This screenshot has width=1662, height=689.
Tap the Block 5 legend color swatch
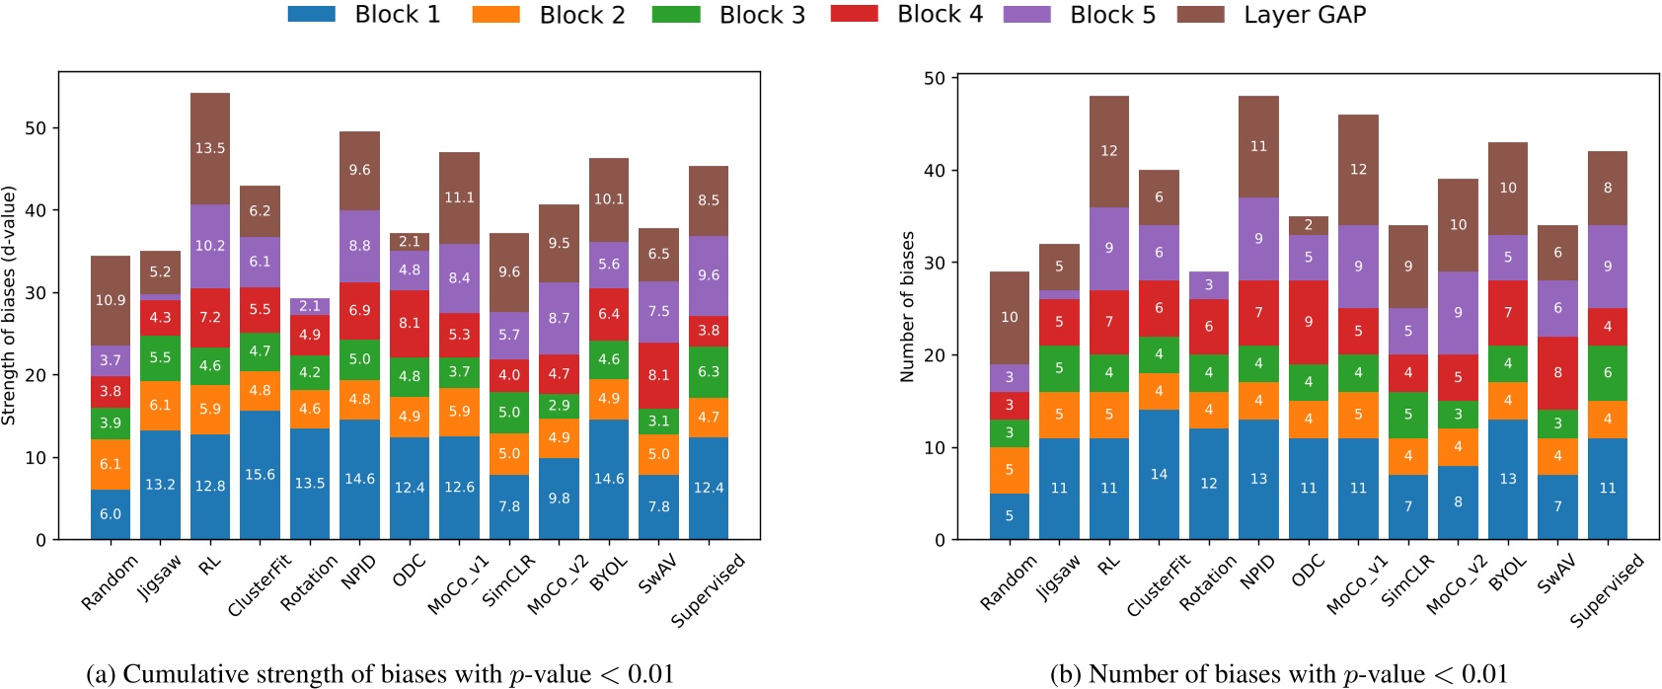point(1026,15)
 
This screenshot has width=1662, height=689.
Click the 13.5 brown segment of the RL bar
point(210,148)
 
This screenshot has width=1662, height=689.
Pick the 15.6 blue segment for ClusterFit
point(260,475)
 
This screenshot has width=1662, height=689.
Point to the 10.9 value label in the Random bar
point(111,300)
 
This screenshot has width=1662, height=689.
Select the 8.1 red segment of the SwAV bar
point(658,375)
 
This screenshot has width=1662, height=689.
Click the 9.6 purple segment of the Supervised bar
point(709,275)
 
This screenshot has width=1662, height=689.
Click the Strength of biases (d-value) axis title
point(9,306)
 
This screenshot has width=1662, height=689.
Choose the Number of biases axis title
point(907,307)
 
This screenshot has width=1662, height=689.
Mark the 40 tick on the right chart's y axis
point(934,171)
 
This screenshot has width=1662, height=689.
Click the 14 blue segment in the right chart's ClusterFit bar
point(1159,474)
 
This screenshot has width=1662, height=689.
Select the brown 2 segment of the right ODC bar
point(1309,225)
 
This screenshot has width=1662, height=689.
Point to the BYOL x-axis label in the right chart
point(1508,574)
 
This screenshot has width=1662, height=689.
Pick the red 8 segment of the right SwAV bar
point(1557,372)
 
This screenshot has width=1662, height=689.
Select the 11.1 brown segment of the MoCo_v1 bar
point(459,197)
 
